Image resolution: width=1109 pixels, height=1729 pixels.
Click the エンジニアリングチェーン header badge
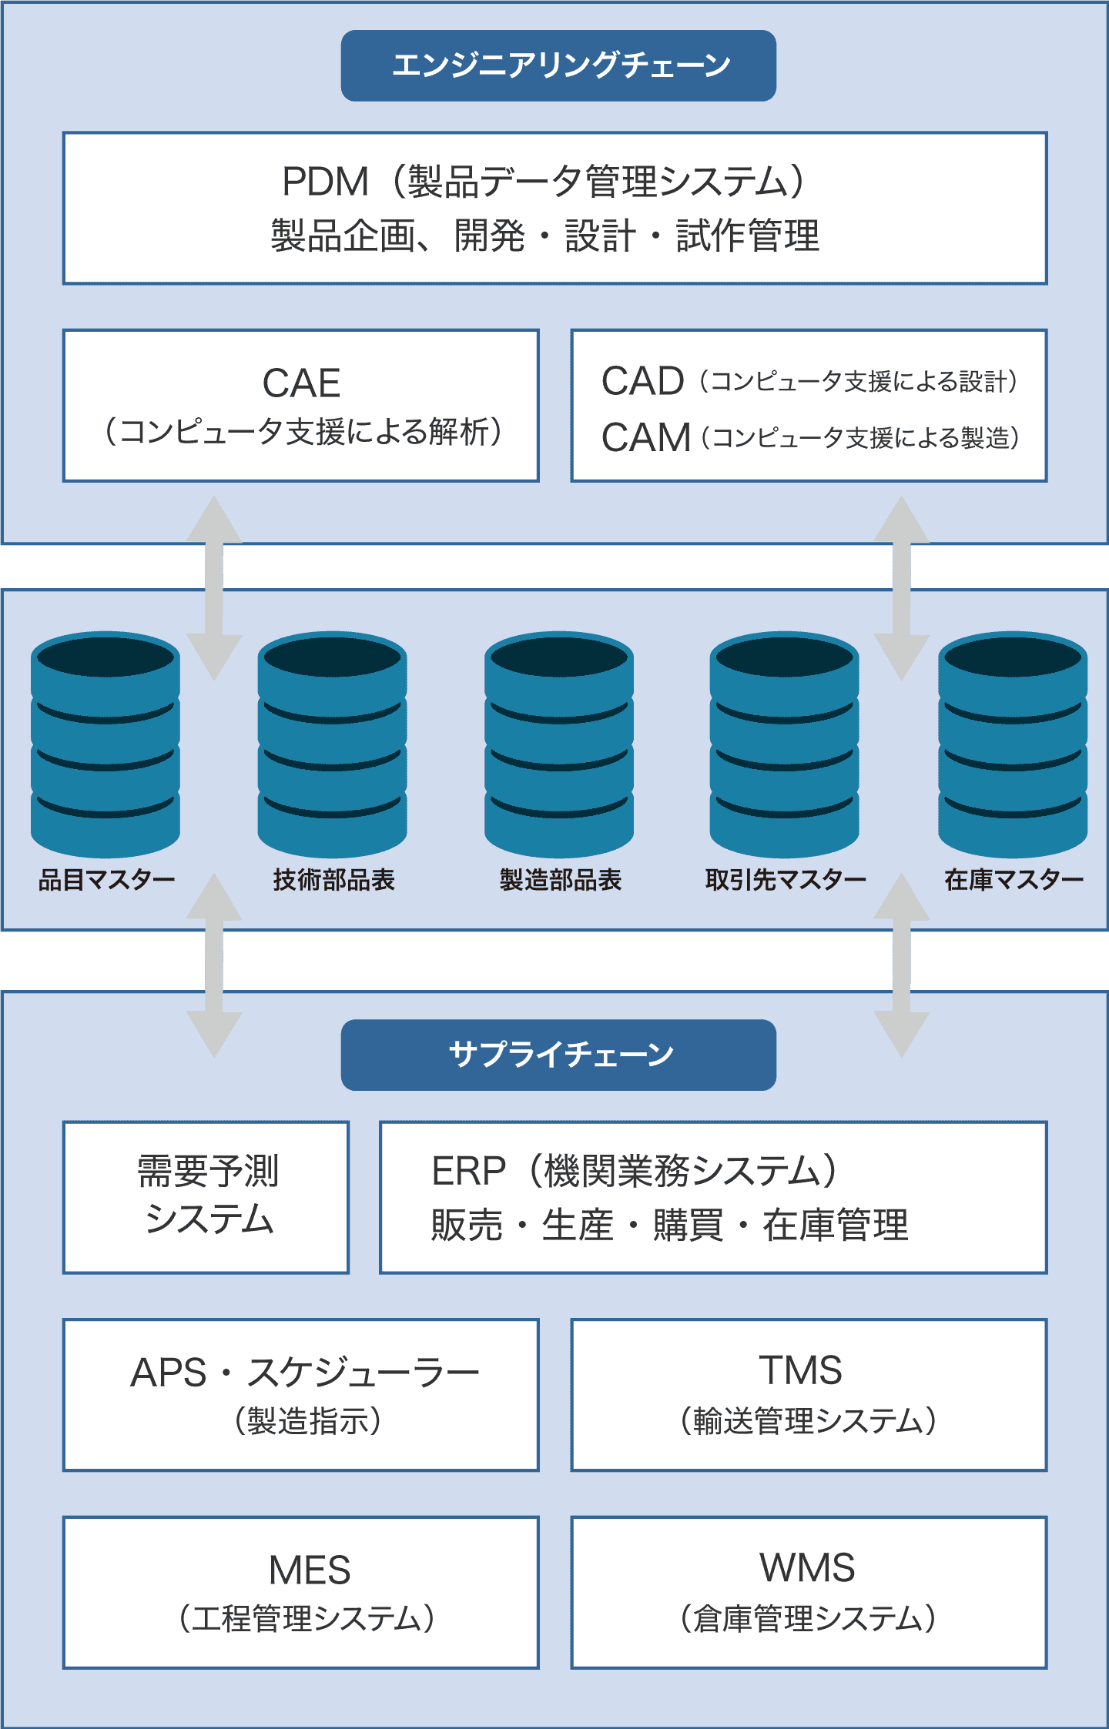click(558, 65)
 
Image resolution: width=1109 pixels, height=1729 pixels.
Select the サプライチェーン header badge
click(558, 1055)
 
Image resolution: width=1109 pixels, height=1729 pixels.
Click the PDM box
click(554, 208)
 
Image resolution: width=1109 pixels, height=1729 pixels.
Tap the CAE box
click(301, 406)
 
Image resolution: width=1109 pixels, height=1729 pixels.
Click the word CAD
click(642, 381)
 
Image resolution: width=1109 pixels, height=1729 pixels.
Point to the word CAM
click(645, 438)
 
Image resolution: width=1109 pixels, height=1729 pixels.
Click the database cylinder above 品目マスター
click(106, 744)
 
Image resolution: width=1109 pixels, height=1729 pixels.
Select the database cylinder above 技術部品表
click(333, 744)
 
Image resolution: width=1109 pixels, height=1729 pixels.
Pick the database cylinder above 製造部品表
click(559, 744)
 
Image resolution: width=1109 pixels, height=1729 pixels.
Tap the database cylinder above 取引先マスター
click(784, 744)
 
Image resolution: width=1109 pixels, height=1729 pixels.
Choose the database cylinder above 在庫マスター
click(1013, 744)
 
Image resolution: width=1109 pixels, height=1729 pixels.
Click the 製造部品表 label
click(561, 880)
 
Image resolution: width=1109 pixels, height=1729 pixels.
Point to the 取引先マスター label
click(786, 880)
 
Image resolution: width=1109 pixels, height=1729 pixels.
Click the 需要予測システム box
click(206, 1197)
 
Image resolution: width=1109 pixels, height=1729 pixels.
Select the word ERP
click(468, 1172)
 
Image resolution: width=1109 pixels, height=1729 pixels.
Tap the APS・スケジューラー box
click(301, 1395)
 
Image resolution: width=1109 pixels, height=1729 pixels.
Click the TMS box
click(809, 1395)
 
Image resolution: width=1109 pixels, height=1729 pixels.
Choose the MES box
click(301, 1593)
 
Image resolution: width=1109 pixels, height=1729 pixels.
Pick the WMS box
click(809, 1593)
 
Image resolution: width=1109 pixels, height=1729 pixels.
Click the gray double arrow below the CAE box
click(214, 588)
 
